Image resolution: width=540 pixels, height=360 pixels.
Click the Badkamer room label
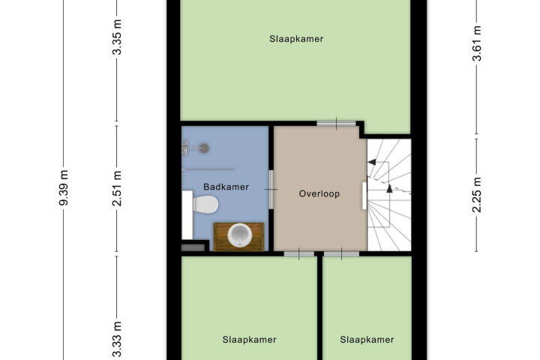pos(226,187)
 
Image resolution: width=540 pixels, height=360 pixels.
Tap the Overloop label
pos(319,193)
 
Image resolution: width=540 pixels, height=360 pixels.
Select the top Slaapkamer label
pos(296,39)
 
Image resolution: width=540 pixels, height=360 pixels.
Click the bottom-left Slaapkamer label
pos(249,340)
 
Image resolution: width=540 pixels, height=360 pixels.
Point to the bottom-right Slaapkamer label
pos(367,340)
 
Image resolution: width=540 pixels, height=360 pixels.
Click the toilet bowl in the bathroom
pos(205,204)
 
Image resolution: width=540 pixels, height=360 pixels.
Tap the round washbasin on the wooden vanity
pos(240,235)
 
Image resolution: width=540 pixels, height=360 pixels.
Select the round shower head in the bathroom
pos(205,148)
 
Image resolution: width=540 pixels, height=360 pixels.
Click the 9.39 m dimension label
pos(63,187)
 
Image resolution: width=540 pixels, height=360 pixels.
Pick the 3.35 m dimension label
pos(118,37)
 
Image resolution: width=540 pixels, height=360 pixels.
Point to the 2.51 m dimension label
pos(118,188)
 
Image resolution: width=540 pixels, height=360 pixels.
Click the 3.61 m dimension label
pos(477,43)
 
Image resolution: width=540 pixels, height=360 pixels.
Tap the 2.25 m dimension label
pos(477,195)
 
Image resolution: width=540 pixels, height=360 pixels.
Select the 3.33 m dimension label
pos(118,339)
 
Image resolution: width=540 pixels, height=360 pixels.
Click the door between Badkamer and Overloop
pos(271,190)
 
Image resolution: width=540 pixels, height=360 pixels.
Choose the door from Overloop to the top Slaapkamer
pos(337,123)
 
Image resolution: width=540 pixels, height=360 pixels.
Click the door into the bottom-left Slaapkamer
pos(299,254)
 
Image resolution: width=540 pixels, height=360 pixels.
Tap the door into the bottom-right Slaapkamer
pos(342,254)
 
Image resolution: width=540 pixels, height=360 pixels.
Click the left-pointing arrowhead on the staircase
pos(371,162)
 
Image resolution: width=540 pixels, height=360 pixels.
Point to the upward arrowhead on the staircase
pos(389,188)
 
